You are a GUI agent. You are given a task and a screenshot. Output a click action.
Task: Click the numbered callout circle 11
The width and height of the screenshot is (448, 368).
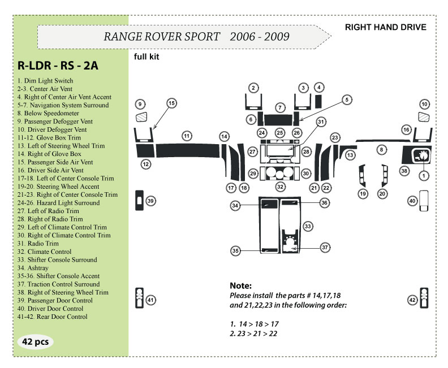(187, 136)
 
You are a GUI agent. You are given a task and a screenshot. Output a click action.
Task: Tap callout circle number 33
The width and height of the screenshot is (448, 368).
(307, 226)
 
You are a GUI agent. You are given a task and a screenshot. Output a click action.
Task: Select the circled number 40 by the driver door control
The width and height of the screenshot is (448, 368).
(412, 201)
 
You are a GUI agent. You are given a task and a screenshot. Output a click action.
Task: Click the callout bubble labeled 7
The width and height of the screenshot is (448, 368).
(280, 107)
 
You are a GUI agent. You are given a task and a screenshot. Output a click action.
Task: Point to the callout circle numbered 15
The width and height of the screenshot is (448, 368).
(171, 103)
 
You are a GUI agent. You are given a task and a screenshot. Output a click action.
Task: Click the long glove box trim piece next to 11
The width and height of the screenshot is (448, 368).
(187, 151)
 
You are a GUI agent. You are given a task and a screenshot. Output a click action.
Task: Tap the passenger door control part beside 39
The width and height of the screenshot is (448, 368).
(139, 201)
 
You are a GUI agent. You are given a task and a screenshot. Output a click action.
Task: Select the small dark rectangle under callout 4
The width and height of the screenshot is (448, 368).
(318, 101)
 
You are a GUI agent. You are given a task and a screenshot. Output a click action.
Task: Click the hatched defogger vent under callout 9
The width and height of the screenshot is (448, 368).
(141, 117)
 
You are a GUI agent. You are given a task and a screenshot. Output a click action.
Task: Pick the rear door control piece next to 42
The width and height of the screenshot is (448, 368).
(424, 298)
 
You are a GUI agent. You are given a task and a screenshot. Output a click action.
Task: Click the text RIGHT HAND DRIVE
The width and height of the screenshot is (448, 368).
(385, 27)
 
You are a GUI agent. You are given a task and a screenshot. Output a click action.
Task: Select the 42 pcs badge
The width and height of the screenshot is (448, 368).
(36, 341)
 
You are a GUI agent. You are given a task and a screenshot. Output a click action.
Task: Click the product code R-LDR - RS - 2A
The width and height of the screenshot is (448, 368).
(58, 66)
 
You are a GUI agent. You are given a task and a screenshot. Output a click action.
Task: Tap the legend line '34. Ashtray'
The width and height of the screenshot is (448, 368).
(33, 268)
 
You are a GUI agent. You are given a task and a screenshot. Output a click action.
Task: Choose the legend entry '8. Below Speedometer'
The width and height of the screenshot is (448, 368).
(48, 113)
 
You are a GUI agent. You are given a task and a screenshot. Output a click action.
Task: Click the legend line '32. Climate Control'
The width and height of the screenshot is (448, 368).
(44, 252)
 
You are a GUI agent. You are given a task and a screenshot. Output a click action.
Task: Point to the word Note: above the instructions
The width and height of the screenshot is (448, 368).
(240, 285)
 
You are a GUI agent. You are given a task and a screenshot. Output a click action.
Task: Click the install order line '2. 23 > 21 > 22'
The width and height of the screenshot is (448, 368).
(253, 334)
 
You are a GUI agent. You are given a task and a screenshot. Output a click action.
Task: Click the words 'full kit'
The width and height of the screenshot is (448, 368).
(147, 57)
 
